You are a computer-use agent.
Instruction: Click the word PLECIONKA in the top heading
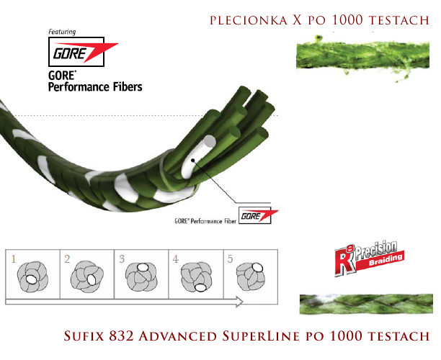point(249,20)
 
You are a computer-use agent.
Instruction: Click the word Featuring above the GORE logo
point(62,32)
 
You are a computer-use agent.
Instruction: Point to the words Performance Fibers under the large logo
point(95,87)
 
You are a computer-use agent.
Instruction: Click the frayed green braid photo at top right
point(362,58)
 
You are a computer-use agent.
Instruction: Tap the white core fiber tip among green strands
point(209,141)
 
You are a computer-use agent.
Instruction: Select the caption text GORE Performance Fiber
point(205,221)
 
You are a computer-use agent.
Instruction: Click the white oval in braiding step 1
point(31,279)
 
